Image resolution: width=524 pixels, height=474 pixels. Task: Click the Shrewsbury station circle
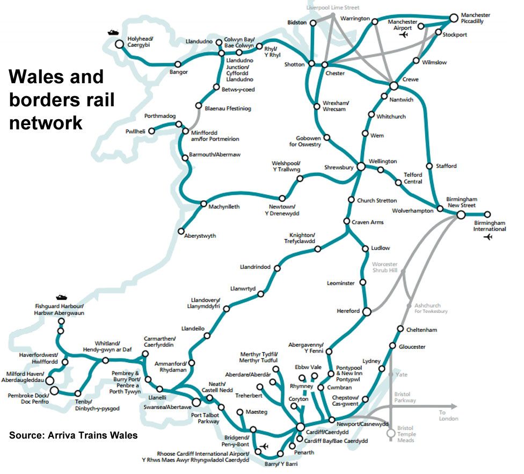[x=361, y=167]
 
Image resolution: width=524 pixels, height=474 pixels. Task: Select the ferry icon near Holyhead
[x=113, y=32]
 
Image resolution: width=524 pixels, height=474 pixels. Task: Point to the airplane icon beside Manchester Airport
[x=404, y=35]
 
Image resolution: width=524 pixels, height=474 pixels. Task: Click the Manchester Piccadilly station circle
[x=454, y=18]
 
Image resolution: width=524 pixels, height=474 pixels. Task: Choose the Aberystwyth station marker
[x=181, y=231]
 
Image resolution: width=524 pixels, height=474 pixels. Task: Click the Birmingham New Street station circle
[x=461, y=215]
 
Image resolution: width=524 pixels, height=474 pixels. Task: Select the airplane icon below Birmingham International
[x=487, y=237]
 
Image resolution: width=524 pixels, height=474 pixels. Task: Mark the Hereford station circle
[x=367, y=311]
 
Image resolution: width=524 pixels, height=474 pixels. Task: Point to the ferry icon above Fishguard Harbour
[x=61, y=297]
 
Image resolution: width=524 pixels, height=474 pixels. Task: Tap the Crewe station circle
[x=394, y=86]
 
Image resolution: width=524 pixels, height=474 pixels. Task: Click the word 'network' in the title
[x=45, y=123]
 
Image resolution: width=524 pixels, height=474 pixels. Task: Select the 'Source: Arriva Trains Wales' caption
[x=74, y=435]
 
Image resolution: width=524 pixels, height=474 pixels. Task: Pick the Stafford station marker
[x=429, y=166]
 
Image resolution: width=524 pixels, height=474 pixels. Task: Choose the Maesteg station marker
[x=240, y=412]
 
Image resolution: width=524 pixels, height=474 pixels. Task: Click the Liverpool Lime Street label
[x=333, y=8]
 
